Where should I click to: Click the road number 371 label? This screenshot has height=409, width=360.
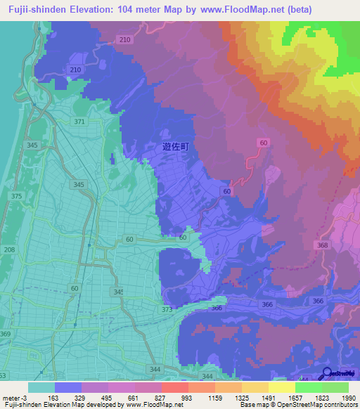tap(79, 122)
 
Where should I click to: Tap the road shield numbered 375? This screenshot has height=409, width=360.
tap(17, 196)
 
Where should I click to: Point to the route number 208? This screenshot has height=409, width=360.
tap(9, 249)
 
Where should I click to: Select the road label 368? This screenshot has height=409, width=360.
tap(323, 245)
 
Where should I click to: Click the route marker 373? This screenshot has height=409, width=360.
tap(167, 309)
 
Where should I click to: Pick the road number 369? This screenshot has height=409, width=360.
tap(6, 334)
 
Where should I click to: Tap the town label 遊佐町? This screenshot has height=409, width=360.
tap(176, 147)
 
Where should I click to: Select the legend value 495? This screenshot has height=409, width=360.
tap(107, 397)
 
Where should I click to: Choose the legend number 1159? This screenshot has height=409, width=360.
tap(217, 397)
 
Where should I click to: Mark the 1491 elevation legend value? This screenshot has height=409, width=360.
tap(272, 397)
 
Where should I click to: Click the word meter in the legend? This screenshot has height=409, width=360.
tap(12, 397)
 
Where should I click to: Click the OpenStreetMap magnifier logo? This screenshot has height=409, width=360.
tap(326, 375)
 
